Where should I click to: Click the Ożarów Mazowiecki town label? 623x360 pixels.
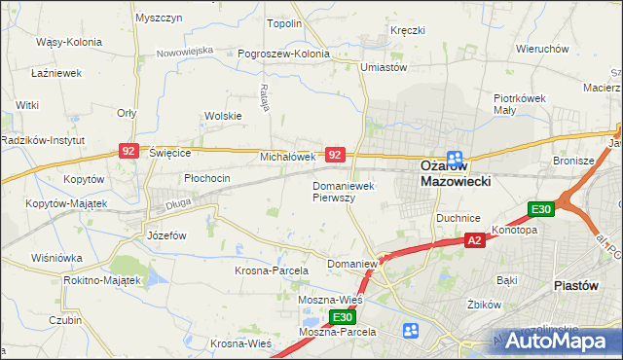(455, 173)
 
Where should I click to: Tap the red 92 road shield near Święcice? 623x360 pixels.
(128, 151)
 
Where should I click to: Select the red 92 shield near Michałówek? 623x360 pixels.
(335, 155)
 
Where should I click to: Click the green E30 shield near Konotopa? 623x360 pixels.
(541, 209)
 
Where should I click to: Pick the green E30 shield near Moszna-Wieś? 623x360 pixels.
(341, 317)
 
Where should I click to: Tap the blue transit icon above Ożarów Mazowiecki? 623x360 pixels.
(455, 158)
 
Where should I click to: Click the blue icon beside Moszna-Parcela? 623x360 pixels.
(412, 332)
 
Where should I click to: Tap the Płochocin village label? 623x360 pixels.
(206, 178)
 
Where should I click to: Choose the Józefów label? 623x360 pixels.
(165, 235)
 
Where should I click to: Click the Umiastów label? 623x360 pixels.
(383, 67)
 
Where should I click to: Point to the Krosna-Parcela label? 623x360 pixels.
(272, 270)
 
